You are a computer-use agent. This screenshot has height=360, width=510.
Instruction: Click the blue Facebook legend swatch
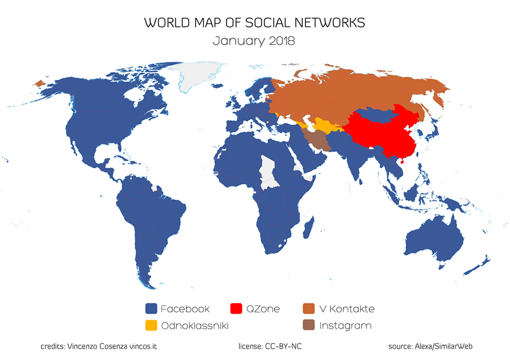(x=151, y=309)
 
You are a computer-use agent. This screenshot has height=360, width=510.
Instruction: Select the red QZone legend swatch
(x=236, y=309)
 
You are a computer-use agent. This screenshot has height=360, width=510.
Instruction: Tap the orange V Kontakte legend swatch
(x=309, y=309)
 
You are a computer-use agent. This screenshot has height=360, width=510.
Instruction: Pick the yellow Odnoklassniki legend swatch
(x=151, y=326)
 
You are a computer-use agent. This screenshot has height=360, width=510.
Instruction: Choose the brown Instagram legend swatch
(x=309, y=326)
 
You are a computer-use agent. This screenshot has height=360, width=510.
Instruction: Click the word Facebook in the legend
(x=185, y=309)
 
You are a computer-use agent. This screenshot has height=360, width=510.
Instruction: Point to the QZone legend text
(x=263, y=309)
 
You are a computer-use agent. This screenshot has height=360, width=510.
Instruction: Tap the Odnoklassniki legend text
(x=194, y=326)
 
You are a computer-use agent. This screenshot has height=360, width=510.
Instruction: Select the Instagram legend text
(x=345, y=326)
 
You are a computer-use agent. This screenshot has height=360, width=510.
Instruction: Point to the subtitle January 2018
(x=254, y=41)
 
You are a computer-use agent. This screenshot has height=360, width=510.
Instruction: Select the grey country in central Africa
(x=267, y=171)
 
